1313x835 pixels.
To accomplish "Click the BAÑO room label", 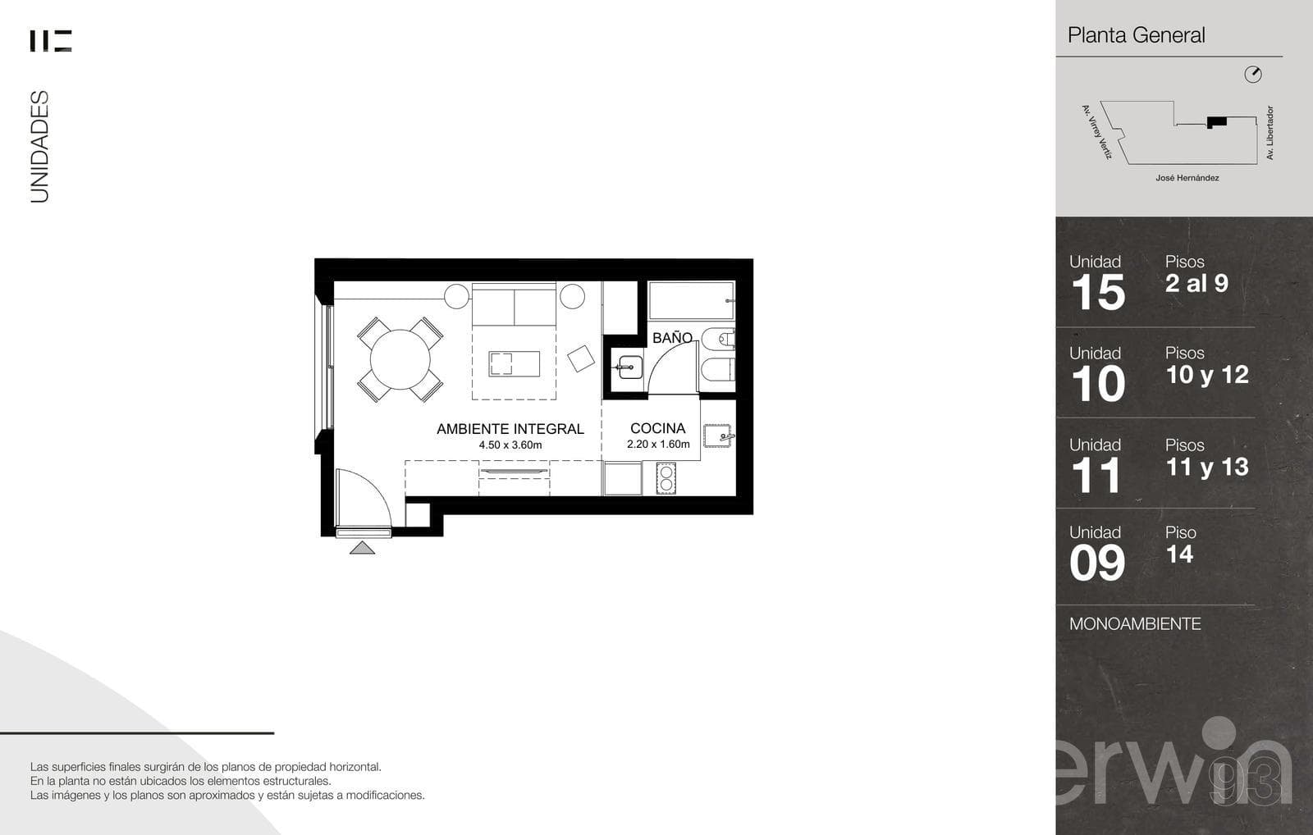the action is pyautogui.click(x=672, y=338).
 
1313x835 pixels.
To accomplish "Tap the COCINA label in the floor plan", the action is pyautogui.click(x=657, y=428).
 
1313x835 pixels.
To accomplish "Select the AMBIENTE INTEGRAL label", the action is pyautogui.click(x=510, y=429).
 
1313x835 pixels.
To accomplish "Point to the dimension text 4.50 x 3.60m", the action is pyautogui.click(x=510, y=445).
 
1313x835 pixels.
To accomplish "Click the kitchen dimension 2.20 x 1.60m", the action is pyautogui.click(x=658, y=445).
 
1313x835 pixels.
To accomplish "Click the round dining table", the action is pyautogui.click(x=400, y=360).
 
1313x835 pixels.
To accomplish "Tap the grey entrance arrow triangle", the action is pyautogui.click(x=362, y=548).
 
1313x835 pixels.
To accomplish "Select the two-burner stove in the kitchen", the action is pyautogui.click(x=666, y=478).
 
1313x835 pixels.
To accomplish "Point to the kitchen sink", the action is pyautogui.click(x=717, y=436).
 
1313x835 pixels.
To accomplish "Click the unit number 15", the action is pyautogui.click(x=1098, y=292).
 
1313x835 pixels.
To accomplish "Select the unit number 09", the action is pyautogui.click(x=1096, y=564).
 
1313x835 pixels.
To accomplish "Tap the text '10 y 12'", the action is pyautogui.click(x=1207, y=376).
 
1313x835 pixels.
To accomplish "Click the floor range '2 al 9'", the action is pyautogui.click(x=1196, y=284).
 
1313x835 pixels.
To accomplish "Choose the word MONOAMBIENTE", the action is pyautogui.click(x=1135, y=624).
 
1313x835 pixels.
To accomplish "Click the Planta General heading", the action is pyautogui.click(x=1136, y=35).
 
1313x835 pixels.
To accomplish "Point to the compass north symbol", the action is pyautogui.click(x=1252, y=75).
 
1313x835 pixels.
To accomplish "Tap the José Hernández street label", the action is pyautogui.click(x=1187, y=178).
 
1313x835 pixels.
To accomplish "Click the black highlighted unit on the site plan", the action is pyautogui.click(x=1217, y=122).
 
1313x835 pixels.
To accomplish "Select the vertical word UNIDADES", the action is pyautogui.click(x=40, y=147).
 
